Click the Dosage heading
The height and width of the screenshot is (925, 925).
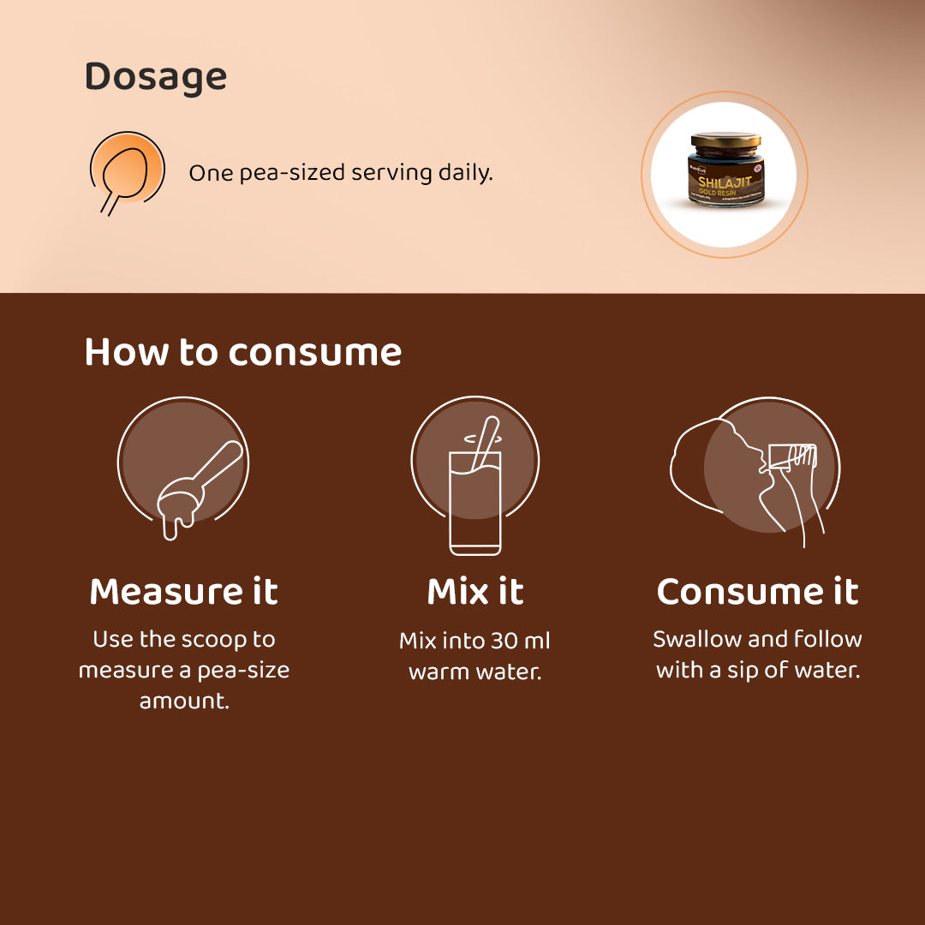click(155, 77)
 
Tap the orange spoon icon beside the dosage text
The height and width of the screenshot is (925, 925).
click(127, 170)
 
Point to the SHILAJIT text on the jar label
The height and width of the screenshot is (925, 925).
click(724, 182)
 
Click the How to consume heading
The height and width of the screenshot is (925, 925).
click(243, 352)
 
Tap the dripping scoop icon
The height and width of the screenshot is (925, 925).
click(188, 488)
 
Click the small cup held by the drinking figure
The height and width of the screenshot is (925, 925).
click(793, 457)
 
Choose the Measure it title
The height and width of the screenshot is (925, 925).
click(183, 592)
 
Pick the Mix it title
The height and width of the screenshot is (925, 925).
click(475, 592)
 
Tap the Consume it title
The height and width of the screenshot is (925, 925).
click(757, 592)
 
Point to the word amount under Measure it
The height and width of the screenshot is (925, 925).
click(183, 701)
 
